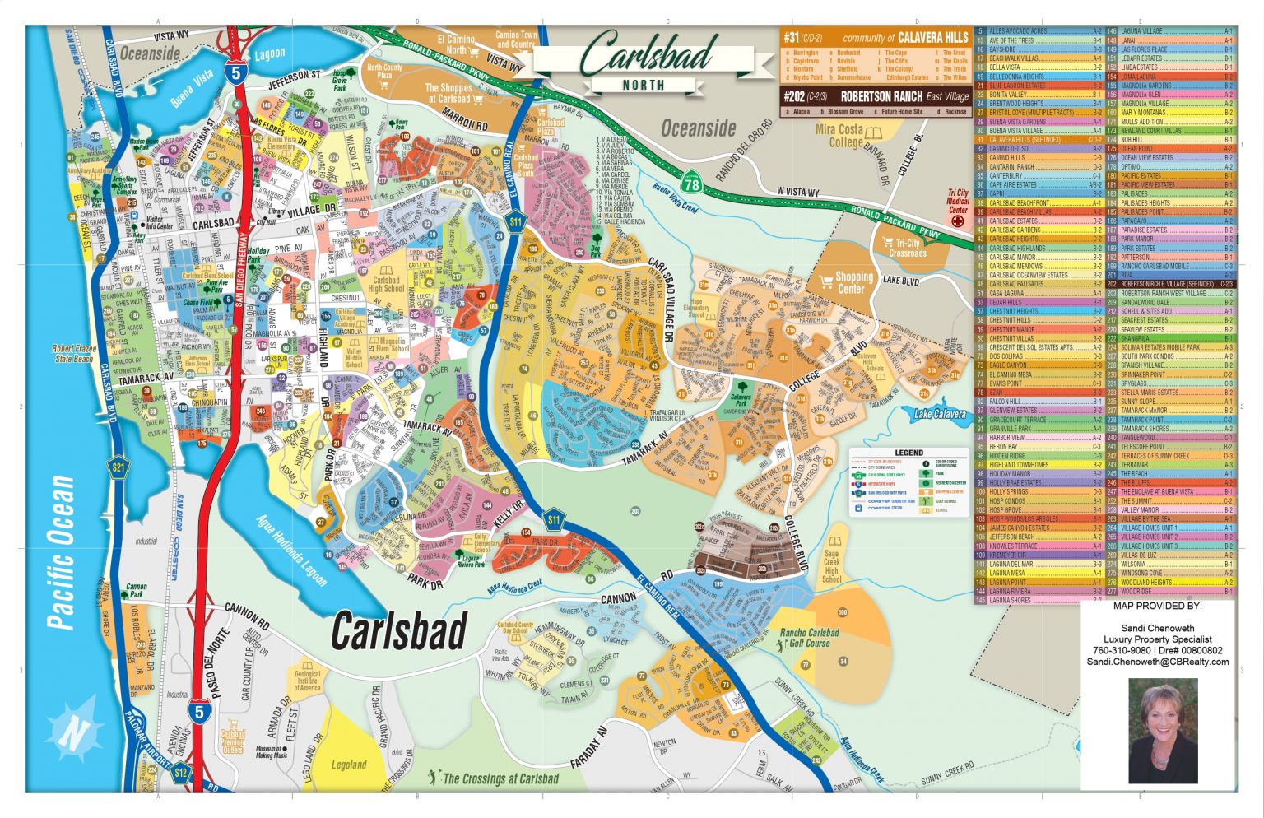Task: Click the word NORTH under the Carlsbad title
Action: pyautogui.click(x=644, y=85)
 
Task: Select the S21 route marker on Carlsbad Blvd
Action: pyautogui.click(x=120, y=468)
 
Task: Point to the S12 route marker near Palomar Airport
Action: pyautogui.click(x=181, y=773)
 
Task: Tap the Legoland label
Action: pyautogui.click(x=348, y=765)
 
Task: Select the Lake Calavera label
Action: pyautogui.click(x=940, y=414)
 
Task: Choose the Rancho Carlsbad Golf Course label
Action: pyautogui.click(x=809, y=638)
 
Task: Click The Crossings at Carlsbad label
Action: pyautogui.click(x=500, y=778)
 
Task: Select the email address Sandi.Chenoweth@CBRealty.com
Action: pyautogui.click(x=1157, y=662)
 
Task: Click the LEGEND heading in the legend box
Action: pyautogui.click(x=908, y=453)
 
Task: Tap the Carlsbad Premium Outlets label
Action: pyautogui.click(x=233, y=741)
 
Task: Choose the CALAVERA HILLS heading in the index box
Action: pyautogui.click(x=932, y=37)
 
